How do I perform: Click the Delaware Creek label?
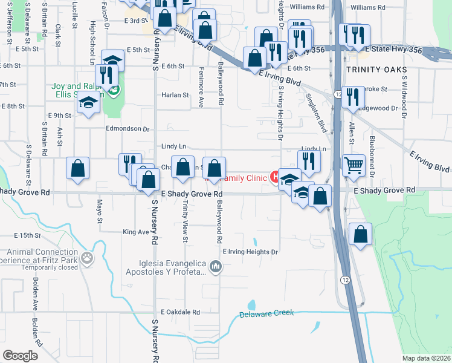click(x=266, y=314)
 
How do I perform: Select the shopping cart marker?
click(x=354, y=165)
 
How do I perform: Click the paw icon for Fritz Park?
click(x=88, y=258)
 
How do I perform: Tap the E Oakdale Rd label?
click(x=176, y=312)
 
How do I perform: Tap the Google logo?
click(x=21, y=355)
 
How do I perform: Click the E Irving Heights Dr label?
click(x=250, y=252)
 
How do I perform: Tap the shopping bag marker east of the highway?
click(x=360, y=237)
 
